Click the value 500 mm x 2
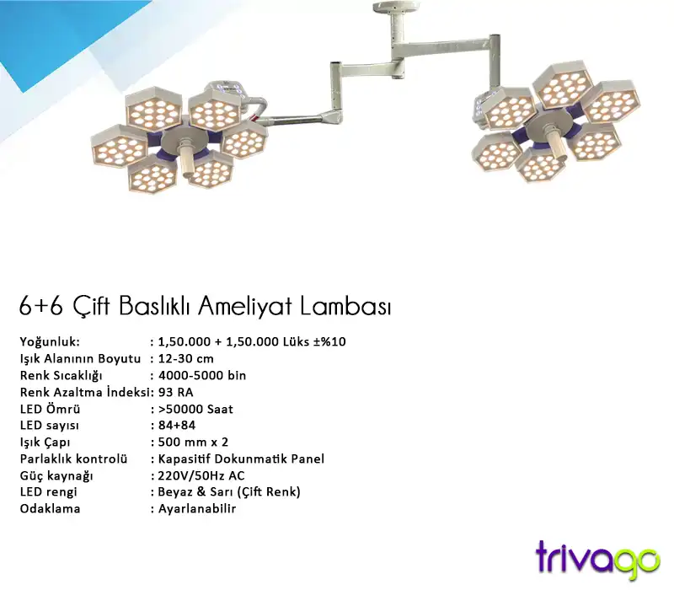pos(193,442)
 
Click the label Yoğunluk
pos(50,341)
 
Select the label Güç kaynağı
pos(56,475)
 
